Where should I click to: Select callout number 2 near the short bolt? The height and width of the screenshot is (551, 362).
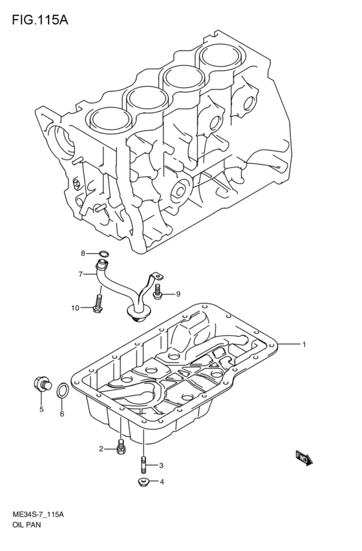[x=101, y=449]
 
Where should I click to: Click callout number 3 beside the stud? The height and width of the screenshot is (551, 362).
[x=162, y=465]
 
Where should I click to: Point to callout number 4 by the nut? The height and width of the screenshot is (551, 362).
[x=162, y=482]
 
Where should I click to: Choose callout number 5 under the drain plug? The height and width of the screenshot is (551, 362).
[x=41, y=409]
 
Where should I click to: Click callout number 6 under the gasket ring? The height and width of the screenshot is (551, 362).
[x=62, y=414]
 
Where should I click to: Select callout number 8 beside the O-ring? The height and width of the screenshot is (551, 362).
[x=83, y=253]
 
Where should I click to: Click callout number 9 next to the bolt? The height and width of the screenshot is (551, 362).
[x=177, y=295]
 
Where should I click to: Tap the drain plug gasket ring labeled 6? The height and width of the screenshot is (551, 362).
[x=62, y=390]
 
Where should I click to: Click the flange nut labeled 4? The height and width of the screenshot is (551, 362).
[x=143, y=482]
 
